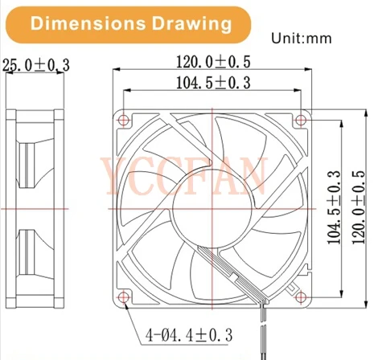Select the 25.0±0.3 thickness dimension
click(36, 64)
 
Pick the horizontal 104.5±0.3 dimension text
click(212, 82)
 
